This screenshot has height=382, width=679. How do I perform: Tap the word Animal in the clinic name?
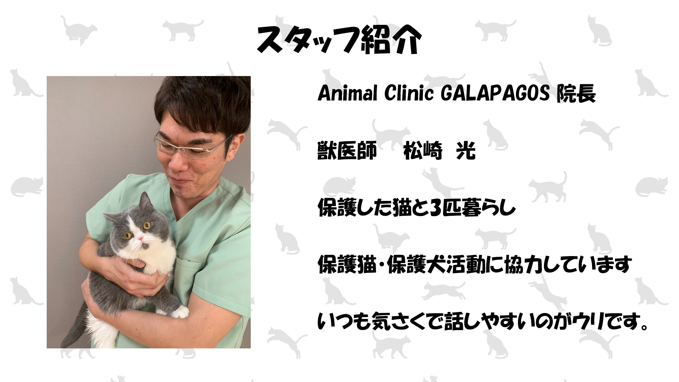coord(347,94)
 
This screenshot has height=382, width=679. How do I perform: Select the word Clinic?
coord(409,94)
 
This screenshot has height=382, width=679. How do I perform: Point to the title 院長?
coord(576,94)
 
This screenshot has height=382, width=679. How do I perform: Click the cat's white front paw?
coord(180,312)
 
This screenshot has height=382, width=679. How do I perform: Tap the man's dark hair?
coord(202,103)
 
